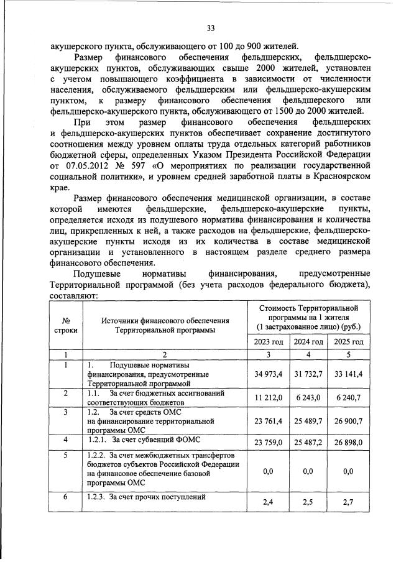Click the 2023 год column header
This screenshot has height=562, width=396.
269,341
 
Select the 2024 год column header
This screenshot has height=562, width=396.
310,341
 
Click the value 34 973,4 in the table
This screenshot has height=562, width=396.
269,374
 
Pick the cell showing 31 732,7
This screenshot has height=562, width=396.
310,374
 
